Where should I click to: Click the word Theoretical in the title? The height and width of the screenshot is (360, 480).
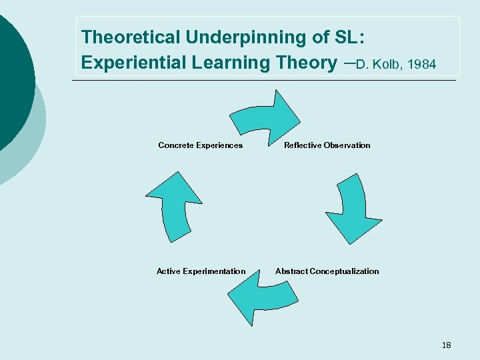pos(130,37)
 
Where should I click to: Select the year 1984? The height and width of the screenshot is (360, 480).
pos(422,65)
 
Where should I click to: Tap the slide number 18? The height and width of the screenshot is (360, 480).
pos(446,345)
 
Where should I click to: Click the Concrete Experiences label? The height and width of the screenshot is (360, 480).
pos(200,145)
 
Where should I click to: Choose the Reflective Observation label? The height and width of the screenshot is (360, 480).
pos(327,145)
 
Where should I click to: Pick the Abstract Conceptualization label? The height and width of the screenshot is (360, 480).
pos(327,271)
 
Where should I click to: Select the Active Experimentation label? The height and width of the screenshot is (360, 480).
pos(201,271)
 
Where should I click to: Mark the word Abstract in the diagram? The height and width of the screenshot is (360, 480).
pos(291,271)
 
